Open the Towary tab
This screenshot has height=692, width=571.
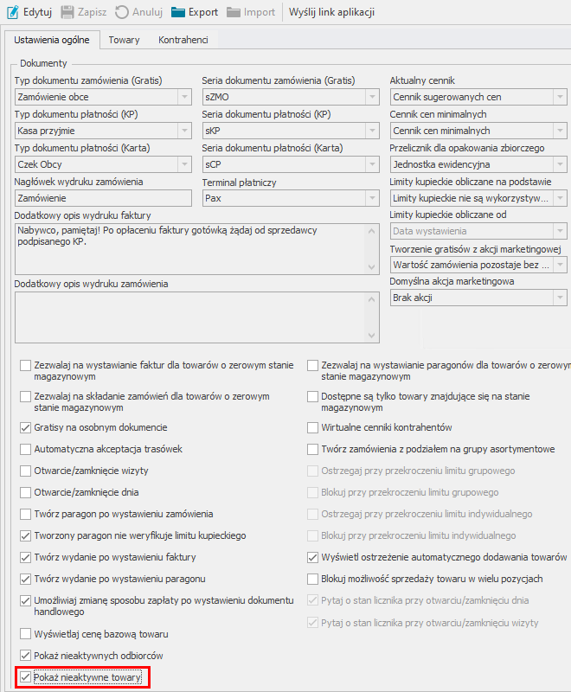coord(124,40)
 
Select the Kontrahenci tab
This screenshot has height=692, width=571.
coord(183,40)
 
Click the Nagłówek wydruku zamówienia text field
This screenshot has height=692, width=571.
coord(102,198)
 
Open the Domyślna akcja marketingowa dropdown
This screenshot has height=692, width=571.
coord(478,298)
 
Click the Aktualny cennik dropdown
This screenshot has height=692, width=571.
coord(478,98)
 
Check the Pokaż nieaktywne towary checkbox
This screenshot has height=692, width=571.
coord(25,678)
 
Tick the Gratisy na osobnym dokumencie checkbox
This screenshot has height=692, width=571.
coord(25,427)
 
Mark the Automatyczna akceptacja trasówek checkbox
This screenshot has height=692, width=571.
coord(25,449)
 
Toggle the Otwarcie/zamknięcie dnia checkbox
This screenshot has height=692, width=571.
coord(25,492)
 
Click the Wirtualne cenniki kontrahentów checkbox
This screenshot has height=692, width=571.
coord(314,427)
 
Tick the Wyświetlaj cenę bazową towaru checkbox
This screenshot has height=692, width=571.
coord(25,634)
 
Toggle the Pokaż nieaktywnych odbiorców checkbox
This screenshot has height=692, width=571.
coord(25,656)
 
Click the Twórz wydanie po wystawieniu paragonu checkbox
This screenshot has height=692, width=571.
coord(25,579)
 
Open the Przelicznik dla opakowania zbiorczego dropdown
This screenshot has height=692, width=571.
coord(478,164)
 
